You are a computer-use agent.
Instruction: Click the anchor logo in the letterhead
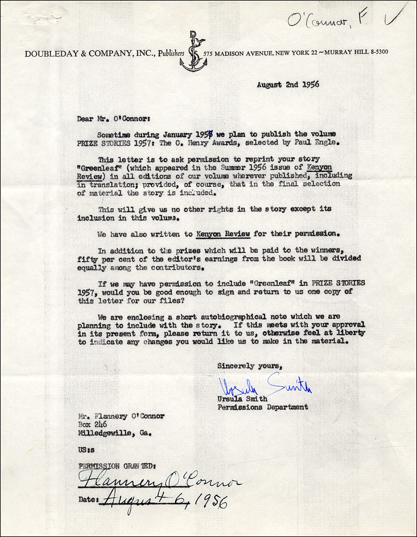pyautogui.click(x=193, y=53)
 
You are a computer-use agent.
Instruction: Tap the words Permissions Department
pyautogui.click(x=262, y=407)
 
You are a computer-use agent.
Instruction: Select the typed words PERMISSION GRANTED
pyautogui.click(x=116, y=466)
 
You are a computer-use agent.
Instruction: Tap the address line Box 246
pyautogui.click(x=92, y=425)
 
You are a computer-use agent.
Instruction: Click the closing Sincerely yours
pyautogui.click(x=249, y=366)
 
